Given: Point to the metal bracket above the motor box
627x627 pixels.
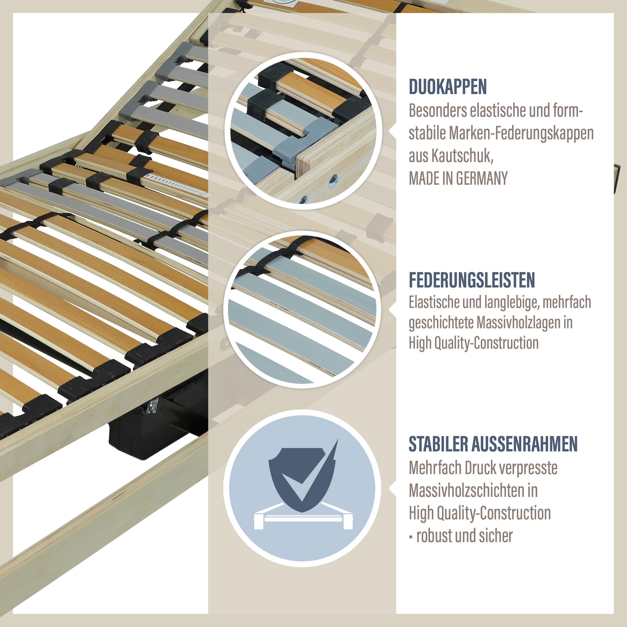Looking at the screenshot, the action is (x=152, y=405).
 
